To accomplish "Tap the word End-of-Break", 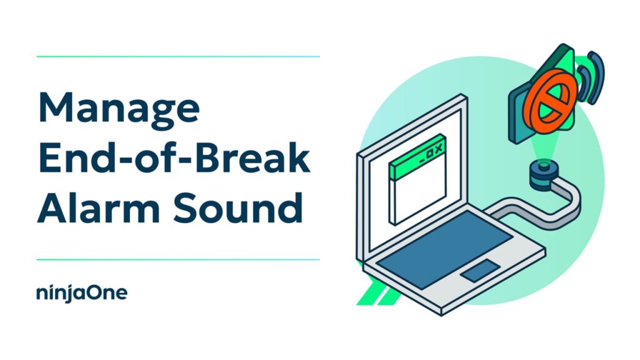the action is click(174, 158).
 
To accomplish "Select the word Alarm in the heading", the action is click(99, 208).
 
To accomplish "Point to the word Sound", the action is click(237, 208).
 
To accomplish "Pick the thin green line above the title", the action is click(178, 56).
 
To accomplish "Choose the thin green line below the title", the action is click(178, 259).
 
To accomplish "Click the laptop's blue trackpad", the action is click(481, 270).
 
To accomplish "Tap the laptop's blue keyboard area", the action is click(444, 249).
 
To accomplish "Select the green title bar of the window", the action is click(416, 157).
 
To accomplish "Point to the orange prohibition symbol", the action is click(550, 101).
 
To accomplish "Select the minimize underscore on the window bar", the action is click(422, 160).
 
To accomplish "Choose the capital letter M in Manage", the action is click(56, 106).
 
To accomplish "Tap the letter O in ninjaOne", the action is click(96, 292).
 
